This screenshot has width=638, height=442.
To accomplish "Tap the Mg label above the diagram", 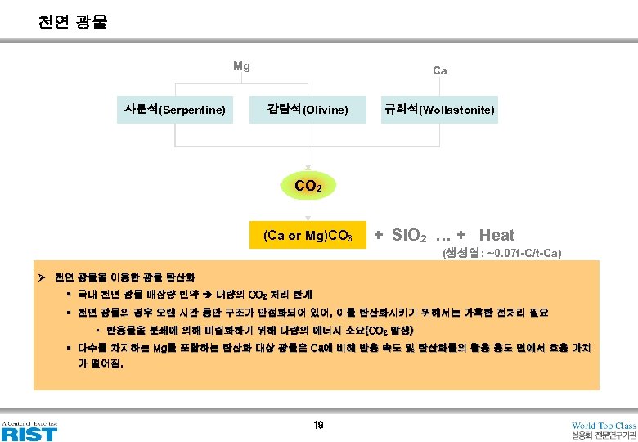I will click(241, 66).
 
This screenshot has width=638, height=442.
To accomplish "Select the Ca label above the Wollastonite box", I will click(439, 71).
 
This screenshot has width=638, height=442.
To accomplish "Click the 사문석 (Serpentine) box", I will click(174, 109).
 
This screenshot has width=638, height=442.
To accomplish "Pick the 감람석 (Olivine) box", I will click(308, 109).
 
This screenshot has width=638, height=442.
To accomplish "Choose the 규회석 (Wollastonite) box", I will click(439, 109).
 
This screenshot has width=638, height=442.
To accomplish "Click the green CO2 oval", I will click(308, 186).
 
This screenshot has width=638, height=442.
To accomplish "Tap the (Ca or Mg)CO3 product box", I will click(308, 237).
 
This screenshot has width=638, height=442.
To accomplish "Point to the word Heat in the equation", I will click(496, 236).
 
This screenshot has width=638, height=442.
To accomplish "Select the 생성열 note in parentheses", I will click(501, 253).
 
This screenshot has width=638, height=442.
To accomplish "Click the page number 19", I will click(319, 425).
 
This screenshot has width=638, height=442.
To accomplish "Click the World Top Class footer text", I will click(604, 426).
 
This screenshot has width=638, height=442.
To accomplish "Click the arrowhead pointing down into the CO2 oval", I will click(308, 166).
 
